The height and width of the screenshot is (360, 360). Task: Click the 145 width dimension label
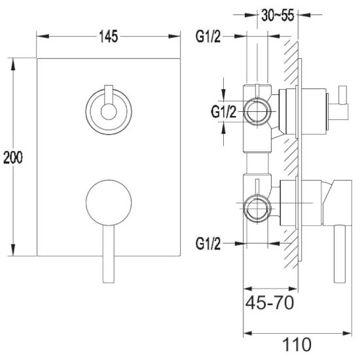coord(109,36)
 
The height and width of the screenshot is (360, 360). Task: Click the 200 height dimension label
coord(13,158)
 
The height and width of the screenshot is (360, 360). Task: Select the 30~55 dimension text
coord(278,16)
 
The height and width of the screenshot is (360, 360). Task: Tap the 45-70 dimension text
coord(270,302)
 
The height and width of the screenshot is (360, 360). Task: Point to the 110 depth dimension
coord(297,344)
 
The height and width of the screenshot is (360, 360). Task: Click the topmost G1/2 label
coord(207,36)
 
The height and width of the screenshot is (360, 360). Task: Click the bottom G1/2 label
coord(207,243)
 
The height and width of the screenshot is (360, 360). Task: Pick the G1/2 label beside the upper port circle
coord(223,112)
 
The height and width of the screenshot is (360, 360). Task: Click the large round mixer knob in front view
coord(109,203)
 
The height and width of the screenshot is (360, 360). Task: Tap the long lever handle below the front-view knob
coord(109,254)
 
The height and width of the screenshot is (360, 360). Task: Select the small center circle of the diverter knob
coord(109,112)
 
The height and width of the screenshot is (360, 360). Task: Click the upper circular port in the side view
coord(257,112)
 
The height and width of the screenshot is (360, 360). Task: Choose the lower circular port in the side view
coord(257,208)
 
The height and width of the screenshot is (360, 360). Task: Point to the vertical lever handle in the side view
coord(340,254)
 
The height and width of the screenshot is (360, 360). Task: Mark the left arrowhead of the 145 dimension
coord(43,36)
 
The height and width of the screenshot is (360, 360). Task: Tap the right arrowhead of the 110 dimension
coord(346,333)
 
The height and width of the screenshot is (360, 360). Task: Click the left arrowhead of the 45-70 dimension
coord(249,289)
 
